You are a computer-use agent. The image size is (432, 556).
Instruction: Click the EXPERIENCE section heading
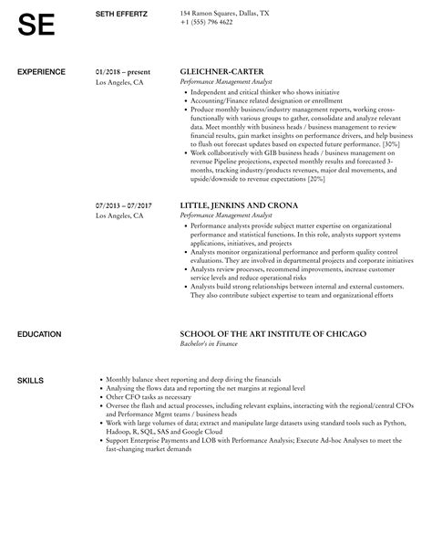point(41,70)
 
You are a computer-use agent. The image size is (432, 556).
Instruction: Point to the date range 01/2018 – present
point(124,70)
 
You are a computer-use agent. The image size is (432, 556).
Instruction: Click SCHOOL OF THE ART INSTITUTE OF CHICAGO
point(273,309)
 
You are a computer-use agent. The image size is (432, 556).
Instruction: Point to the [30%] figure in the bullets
point(389,143)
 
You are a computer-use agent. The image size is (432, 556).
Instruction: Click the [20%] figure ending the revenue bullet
point(315,178)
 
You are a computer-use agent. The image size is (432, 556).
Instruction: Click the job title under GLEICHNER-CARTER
point(221,81)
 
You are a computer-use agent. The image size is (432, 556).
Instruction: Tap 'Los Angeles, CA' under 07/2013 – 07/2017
point(119,216)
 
